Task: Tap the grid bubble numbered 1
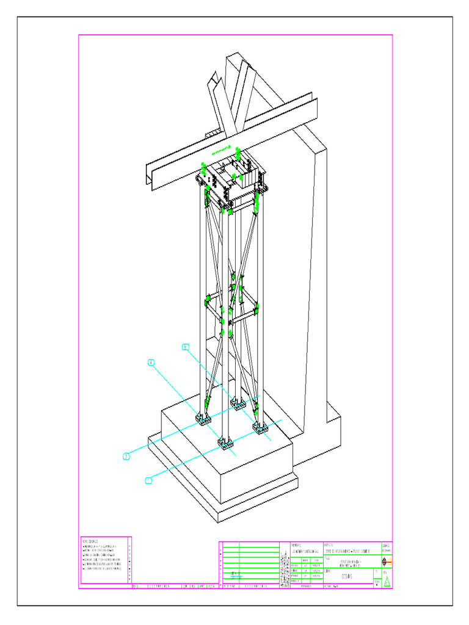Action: [x=148, y=481]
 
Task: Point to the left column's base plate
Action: [x=203, y=419]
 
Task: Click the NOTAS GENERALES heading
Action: [x=92, y=541]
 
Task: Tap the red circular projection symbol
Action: [x=385, y=560]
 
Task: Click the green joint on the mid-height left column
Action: [x=208, y=300]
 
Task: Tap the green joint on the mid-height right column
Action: [x=256, y=308]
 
